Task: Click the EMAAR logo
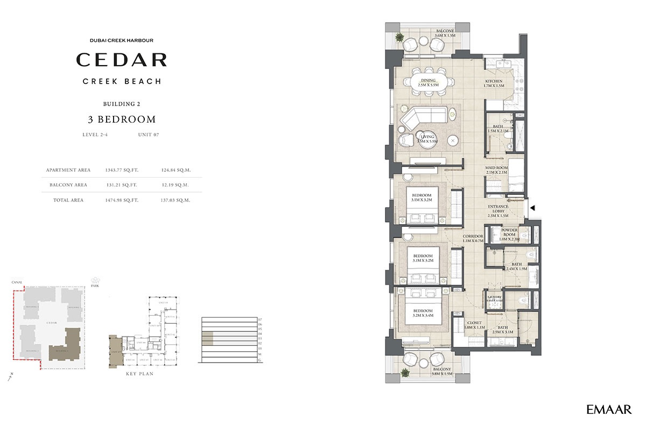[x=609, y=410]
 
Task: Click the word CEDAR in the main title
[x=121, y=59]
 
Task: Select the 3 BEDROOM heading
[x=121, y=120]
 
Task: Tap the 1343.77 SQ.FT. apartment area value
[x=122, y=170]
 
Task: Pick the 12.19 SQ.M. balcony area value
[x=175, y=185]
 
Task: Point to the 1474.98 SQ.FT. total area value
[x=122, y=200]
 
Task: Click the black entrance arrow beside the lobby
[x=533, y=207]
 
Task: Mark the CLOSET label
[x=474, y=325]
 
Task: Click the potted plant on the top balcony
[x=400, y=38]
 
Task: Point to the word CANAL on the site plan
[x=18, y=279]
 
